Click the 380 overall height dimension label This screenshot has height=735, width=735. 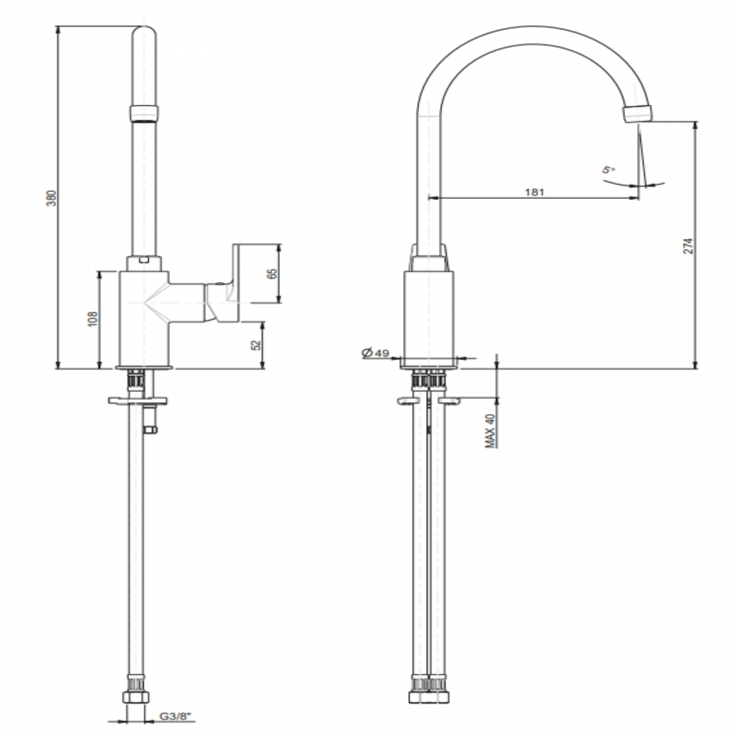(51, 197)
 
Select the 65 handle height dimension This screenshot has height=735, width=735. (272, 273)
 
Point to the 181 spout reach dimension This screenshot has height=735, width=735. (534, 192)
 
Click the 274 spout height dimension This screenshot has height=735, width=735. (688, 245)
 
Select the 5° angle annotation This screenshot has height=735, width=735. (607, 170)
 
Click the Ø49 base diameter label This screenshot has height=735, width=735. (375, 353)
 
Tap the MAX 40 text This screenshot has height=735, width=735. (491, 430)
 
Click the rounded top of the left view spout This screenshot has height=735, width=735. (145, 34)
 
